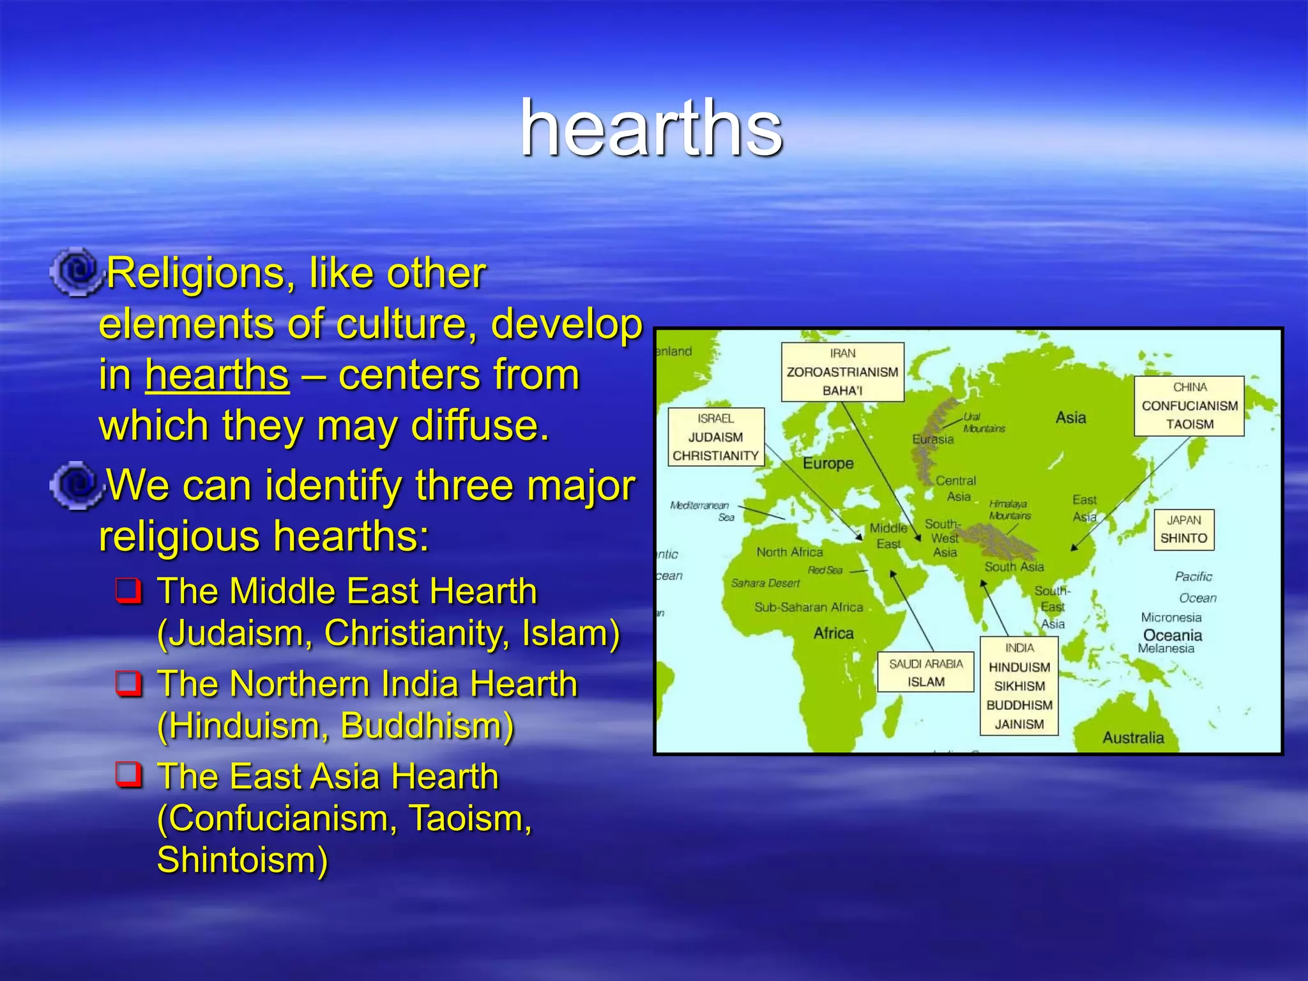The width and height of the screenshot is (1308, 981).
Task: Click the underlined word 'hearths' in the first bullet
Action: tap(217, 375)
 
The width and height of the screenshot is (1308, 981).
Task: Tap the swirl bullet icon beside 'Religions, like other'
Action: tap(76, 272)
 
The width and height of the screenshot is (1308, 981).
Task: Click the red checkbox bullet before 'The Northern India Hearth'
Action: tap(128, 683)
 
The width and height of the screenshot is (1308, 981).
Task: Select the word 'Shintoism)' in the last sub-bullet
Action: tap(243, 860)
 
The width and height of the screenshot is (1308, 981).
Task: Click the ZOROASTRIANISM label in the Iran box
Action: tap(842, 372)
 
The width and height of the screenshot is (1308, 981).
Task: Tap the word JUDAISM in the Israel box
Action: tap(715, 437)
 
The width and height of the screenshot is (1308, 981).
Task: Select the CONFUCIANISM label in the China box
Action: tap(1189, 406)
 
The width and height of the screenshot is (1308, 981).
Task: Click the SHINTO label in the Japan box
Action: tap(1183, 538)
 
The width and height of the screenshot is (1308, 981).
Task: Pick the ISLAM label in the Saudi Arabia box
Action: tap(925, 682)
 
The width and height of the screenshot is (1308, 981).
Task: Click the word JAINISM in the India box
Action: tap(1019, 724)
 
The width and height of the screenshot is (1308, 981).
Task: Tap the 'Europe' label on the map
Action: tap(828, 464)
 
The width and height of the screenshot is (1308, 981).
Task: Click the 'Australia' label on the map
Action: tap(1133, 738)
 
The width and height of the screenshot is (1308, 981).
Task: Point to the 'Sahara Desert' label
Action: tap(765, 583)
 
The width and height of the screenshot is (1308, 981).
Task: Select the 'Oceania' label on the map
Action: tap(1172, 635)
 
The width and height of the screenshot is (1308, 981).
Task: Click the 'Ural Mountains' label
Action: tap(983, 423)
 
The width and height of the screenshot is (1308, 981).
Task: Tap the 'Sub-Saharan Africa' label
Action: tap(808, 607)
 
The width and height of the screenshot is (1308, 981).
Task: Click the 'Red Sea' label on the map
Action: tap(825, 570)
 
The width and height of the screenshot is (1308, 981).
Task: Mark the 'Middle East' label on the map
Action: tap(888, 536)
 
